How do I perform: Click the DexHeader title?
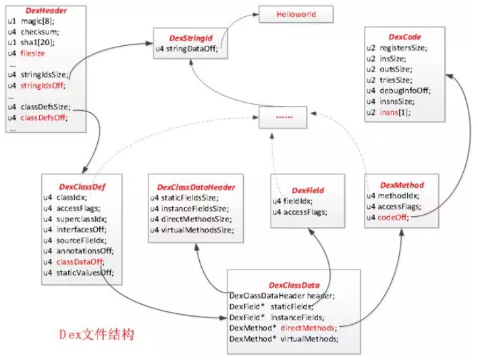tap(46, 11)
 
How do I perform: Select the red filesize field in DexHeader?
tap(32, 53)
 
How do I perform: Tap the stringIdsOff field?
tap(43, 85)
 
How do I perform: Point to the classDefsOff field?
tap(44, 118)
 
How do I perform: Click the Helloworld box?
tap(296, 14)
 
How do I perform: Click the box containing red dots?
tap(283, 117)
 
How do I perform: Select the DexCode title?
tap(404, 37)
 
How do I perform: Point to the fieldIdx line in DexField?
tap(292, 201)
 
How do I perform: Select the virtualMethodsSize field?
tap(192, 230)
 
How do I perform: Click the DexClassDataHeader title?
tap(196, 187)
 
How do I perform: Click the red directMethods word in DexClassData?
tap(307, 328)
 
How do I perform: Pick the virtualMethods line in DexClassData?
tap(284, 339)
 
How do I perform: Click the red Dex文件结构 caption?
tap(97, 334)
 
